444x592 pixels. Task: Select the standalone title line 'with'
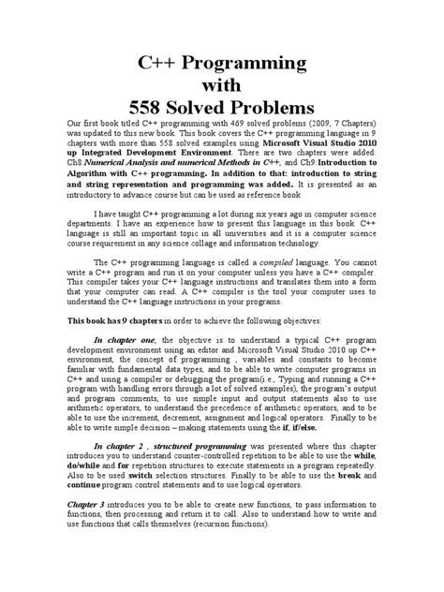[x=221, y=83]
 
